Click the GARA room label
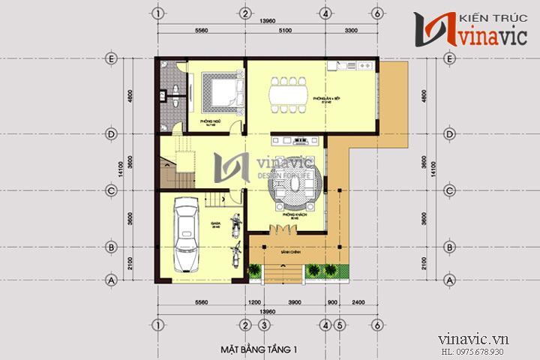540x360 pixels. [214, 226]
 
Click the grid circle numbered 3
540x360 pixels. [264, 325]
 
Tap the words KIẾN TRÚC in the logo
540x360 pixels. [489, 15]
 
